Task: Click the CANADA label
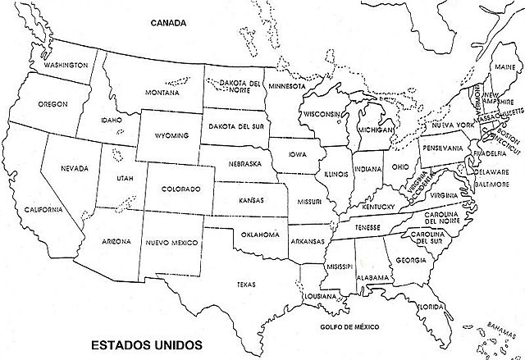pos(170,23)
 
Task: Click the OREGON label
pos(52,104)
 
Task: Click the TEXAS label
pos(246,285)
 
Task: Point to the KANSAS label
pos(251,199)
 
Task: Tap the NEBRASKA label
pos(246,163)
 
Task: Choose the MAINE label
pos(504,65)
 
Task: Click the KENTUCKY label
pos(377,207)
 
